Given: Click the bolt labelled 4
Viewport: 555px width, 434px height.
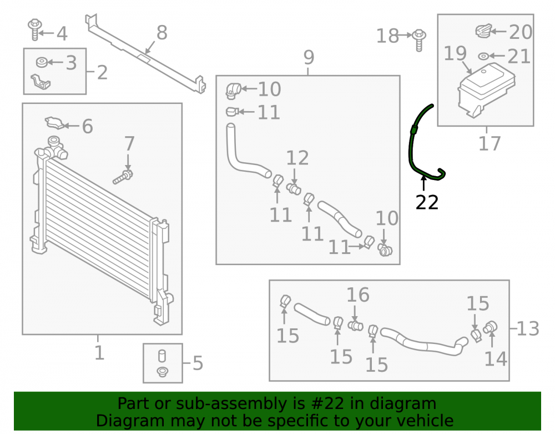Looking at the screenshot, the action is pyautogui.click(x=34, y=30).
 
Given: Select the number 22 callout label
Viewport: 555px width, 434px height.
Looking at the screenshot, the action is pyautogui.click(x=427, y=202).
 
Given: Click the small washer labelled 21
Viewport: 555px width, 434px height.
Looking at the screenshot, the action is pyautogui.click(x=483, y=56).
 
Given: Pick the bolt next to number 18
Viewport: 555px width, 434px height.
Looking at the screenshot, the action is pyautogui.click(x=419, y=39).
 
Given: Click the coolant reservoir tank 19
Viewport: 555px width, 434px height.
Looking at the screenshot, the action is pyautogui.click(x=486, y=90).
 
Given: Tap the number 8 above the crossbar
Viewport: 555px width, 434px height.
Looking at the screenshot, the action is pyautogui.click(x=162, y=33).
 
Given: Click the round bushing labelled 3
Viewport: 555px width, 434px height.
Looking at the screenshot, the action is pyautogui.click(x=42, y=62).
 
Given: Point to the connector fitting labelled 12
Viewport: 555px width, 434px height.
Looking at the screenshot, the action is pyautogui.click(x=294, y=188).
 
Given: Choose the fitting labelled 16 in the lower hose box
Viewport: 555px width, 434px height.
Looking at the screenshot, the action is pyautogui.click(x=355, y=325).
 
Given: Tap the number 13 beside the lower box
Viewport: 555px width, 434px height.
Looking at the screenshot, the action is pyautogui.click(x=528, y=329).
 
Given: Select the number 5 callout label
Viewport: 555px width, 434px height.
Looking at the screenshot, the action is pyautogui.click(x=198, y=363).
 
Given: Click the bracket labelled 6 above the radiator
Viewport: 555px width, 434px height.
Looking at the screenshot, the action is pyautogui.click(x=54, y=123).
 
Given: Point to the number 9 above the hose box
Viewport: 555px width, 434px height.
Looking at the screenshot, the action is pyautogui.click(x=309, y=57).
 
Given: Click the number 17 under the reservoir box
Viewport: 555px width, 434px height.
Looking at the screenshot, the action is pyautogui.click(x=490, y=143).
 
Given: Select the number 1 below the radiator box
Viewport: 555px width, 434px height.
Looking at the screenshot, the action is pyautogui.click(x=99, y=353).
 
